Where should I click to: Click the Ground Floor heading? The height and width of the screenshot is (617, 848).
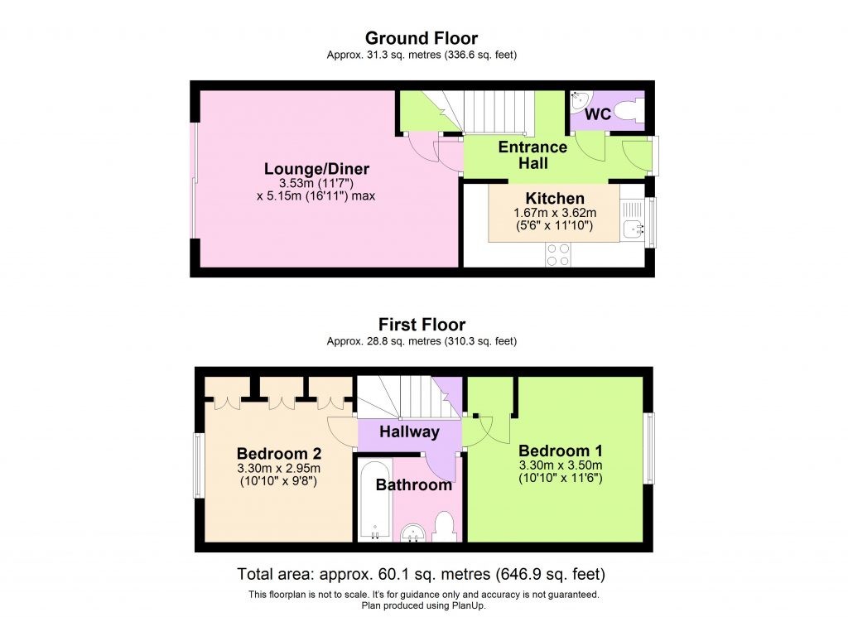422,38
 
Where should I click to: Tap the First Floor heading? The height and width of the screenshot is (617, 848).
422,325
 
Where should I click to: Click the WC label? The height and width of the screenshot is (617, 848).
598,114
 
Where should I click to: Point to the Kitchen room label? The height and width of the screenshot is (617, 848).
555,199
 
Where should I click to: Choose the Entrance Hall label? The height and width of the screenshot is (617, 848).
532,155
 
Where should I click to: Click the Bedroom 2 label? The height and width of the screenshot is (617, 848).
279,454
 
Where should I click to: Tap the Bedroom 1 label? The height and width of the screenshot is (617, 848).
561,451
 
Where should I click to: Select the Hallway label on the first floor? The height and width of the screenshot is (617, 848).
409,431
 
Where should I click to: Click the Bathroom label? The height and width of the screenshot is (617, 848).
414,484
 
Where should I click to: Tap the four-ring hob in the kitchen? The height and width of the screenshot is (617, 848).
557,253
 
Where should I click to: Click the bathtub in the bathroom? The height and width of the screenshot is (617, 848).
375,499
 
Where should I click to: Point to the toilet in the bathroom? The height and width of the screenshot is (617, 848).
445,527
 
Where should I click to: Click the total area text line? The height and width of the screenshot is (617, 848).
422,574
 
